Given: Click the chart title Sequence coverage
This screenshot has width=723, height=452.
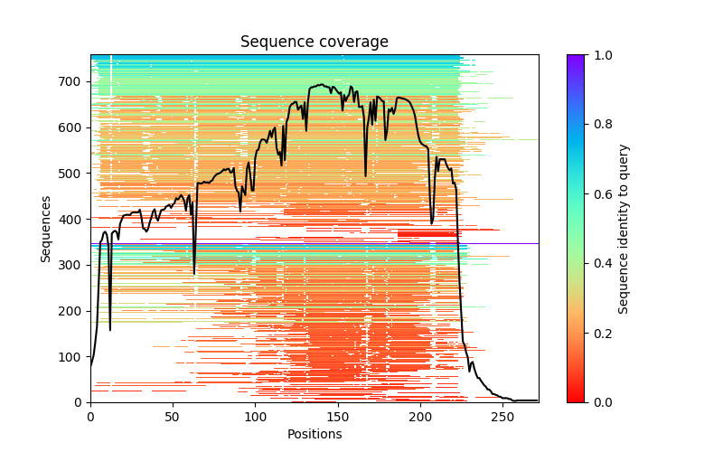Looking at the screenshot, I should click(314, 42).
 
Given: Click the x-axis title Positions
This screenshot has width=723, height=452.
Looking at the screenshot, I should click(314, 434).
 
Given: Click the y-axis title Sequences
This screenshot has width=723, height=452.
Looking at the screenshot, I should click(45, 229).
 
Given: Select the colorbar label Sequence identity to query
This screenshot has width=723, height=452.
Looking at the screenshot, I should click(624, 229).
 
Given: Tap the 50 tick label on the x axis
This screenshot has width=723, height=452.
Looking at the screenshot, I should click(173, 417).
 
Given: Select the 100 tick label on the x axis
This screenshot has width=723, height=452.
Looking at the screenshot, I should click(255, 417).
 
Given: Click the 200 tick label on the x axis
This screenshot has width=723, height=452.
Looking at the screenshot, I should click(420, 417).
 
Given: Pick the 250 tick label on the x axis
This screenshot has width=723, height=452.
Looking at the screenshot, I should click(502, 417).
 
